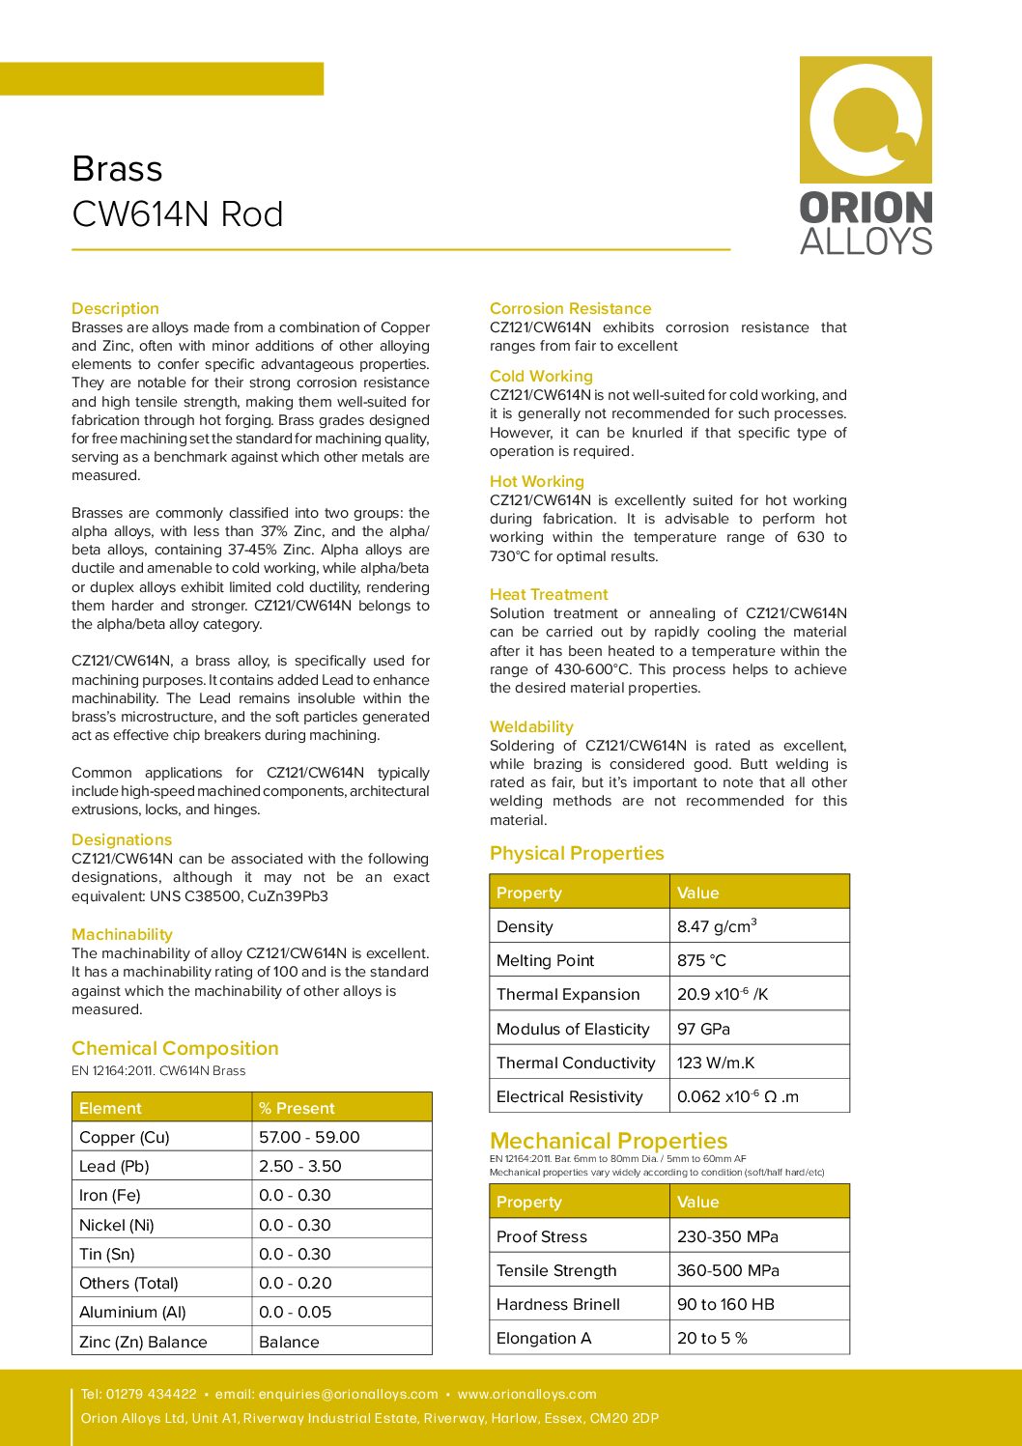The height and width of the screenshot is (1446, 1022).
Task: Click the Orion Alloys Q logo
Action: point(866,120)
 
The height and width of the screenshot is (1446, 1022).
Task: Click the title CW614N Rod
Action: point(178,214)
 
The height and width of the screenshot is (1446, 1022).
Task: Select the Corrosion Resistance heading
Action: point(570,308)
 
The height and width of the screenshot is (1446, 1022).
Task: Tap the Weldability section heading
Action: point(531,726)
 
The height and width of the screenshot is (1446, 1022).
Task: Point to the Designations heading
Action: point(122,839)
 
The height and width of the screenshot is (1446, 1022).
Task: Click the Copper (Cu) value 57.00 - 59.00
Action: point(309,1137)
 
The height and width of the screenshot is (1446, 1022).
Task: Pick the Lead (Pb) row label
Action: point(114,1166)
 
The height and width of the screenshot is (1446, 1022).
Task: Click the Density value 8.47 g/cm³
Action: point(717,926)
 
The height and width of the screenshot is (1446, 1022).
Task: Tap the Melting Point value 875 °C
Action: point(701,960)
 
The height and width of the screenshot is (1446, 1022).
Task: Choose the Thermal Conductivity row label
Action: point(576,1063)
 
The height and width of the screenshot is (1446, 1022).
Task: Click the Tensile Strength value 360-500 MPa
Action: point(728,1270)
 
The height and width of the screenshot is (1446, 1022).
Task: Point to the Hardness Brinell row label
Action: point(558,1304)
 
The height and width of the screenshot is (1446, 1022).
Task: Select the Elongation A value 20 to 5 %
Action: point(712,1338)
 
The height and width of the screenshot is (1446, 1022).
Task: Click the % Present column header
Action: point(297,1108)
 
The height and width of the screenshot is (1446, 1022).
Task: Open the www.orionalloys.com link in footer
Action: point(526,1394)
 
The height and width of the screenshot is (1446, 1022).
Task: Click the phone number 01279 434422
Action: point(151,1394)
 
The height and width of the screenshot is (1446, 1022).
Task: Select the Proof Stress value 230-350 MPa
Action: point(727,1236)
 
